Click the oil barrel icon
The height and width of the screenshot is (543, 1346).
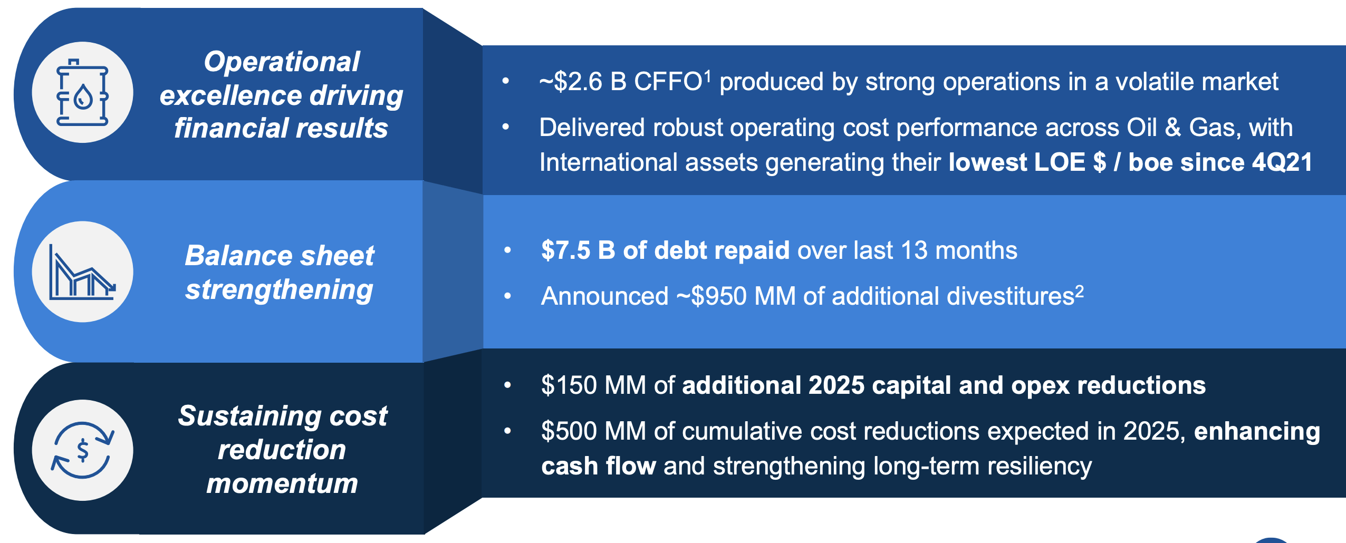(x=82, y=93)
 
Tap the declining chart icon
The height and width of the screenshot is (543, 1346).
(x=82, y=272)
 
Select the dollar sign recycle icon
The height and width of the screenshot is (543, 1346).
(x=82, y=450)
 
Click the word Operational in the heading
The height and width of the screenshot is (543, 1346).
(x=282, y=62)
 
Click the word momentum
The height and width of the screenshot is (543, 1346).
(x=282, y=484)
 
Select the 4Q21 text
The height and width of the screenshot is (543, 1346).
(x=1282, y=162)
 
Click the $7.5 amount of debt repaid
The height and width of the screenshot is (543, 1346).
(x=565, y=250)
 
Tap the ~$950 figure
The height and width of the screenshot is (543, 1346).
(x=712, y=296)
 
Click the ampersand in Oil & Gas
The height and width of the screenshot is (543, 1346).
(x=1172, y=128)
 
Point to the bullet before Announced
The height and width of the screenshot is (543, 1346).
(x=507, y=296)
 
